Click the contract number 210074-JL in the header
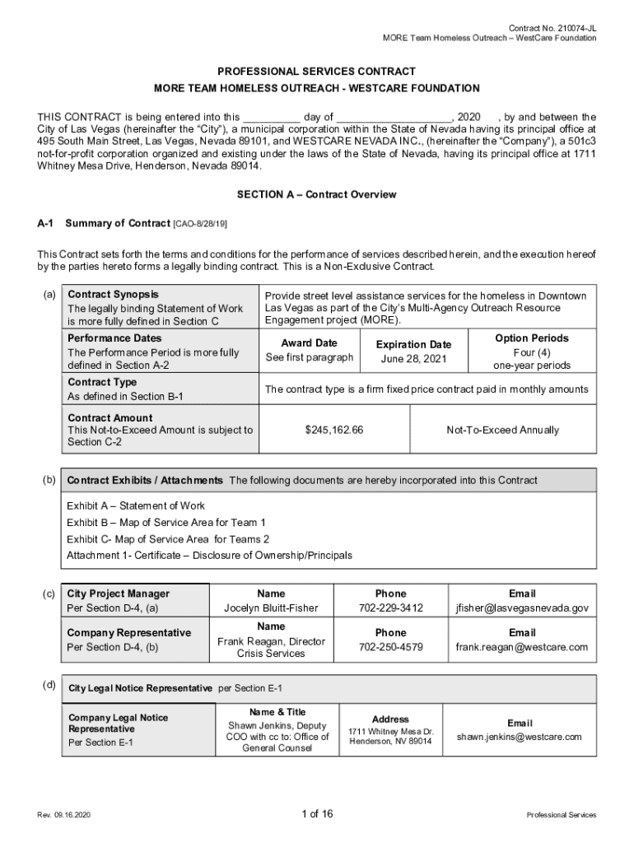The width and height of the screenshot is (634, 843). [576, 27]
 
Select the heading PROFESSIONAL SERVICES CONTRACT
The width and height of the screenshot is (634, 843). [317, 72]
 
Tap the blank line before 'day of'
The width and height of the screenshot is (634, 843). [272, 118]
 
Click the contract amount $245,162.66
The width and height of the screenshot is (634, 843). [334, 430]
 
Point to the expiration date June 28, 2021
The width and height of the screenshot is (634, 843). [413, 359]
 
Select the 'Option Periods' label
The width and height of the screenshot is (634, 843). [531, 338]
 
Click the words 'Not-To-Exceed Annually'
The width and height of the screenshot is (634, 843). [502, 430]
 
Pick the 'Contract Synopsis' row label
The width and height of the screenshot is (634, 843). [114, 295]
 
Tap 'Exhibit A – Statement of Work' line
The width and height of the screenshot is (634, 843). [136, 505]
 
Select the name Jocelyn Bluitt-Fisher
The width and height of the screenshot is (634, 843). [271, 608]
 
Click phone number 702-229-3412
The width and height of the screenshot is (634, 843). [390, 608]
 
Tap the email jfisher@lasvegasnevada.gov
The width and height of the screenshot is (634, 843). [522, 608]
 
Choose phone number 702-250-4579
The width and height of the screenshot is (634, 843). [390, 647]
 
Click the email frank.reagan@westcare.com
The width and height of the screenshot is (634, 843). [522, 647]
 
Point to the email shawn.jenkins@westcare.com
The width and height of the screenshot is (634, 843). [520, 737]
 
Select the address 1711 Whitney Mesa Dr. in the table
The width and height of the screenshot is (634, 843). [390, 731]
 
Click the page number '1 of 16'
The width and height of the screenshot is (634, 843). [317, 814]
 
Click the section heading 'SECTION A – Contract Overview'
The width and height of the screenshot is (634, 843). [317, 195]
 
